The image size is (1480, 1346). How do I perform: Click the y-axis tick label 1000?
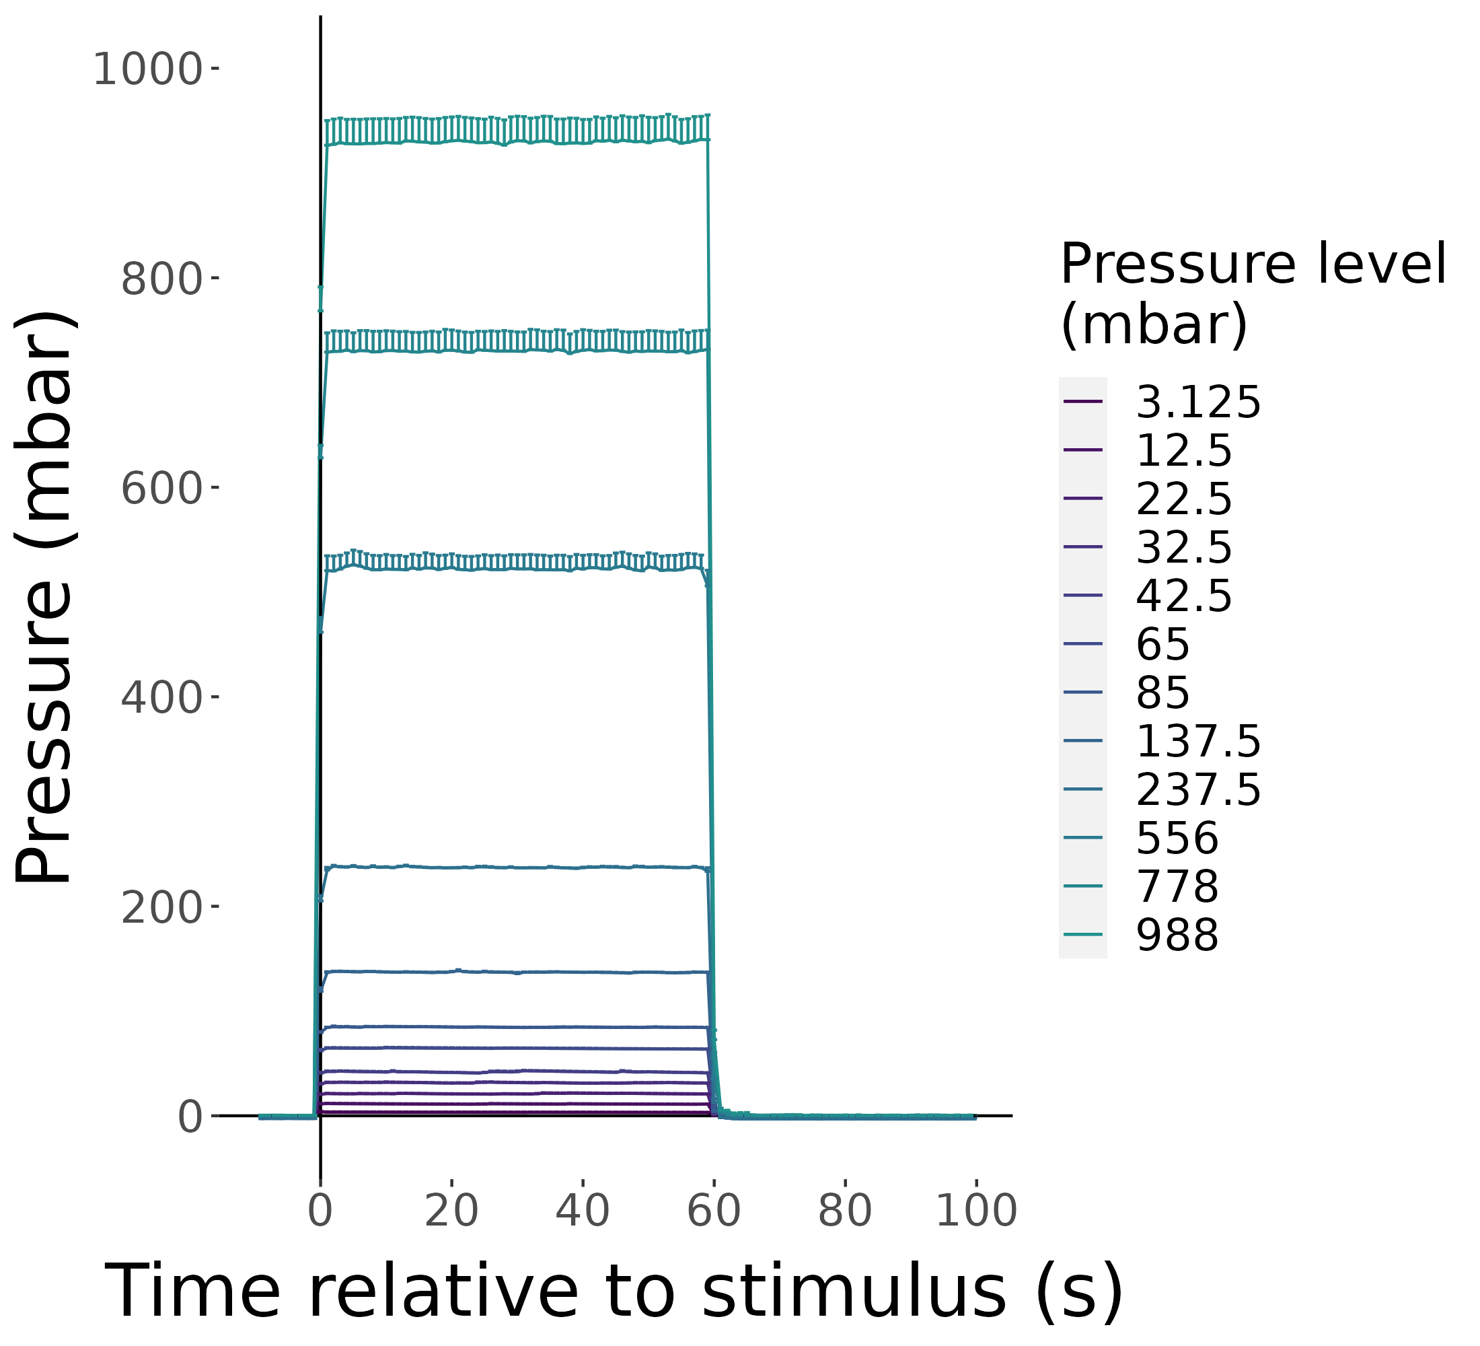coord(147,71)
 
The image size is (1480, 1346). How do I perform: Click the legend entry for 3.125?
coord(1197,402)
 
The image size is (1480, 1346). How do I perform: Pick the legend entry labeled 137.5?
coord(1197,741)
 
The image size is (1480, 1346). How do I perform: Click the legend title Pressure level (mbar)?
coord(1253,293)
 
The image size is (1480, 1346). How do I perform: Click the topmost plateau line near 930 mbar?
coord(514,141)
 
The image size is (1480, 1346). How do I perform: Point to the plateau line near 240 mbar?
coord(514,868)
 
